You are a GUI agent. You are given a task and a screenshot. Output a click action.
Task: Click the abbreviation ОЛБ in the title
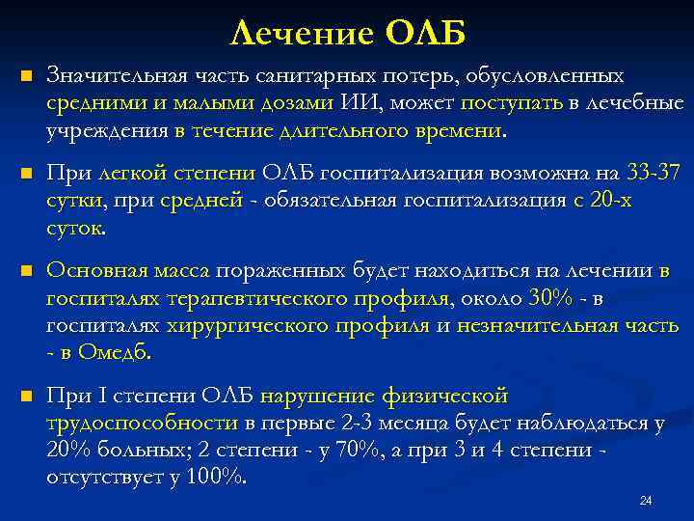point(427,34)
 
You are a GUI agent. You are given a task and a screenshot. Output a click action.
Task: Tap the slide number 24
point(646,501)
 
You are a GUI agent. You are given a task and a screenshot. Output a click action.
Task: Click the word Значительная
point(109,75)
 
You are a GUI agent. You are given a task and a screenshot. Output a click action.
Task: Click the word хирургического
point(238,327)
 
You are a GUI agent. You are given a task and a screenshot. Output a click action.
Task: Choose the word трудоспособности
point(142,424)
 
